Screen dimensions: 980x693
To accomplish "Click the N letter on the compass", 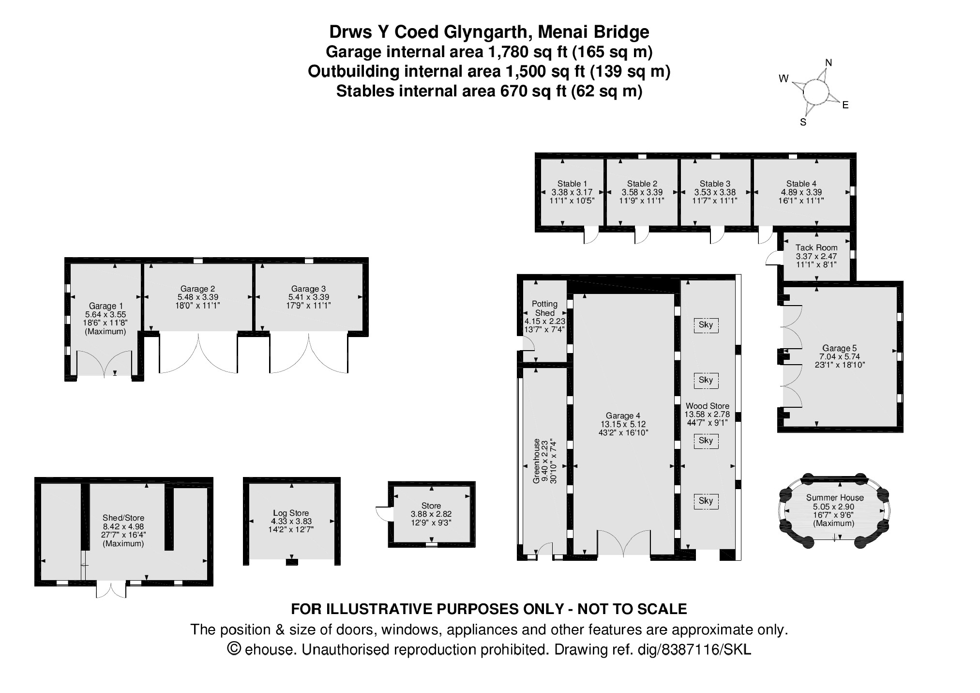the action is click(829, 62).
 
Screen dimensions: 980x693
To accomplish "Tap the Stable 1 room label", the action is click(572, 184).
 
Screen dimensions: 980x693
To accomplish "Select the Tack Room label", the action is click(816, 247).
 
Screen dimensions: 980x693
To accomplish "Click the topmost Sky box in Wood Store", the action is click(706, 325).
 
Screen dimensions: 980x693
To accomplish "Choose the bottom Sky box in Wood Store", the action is click(706, 501).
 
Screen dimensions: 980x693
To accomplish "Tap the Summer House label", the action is click(835, 497).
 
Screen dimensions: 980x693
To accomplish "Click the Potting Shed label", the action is click(545, 308).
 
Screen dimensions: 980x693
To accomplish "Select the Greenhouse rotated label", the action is click(536, 461).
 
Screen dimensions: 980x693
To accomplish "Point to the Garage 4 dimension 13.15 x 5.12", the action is click(620, 424).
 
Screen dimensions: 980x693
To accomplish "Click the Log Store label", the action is click(291, 513).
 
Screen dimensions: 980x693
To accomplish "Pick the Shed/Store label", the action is click(123, 518).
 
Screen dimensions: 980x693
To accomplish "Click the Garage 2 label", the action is click(198, 289).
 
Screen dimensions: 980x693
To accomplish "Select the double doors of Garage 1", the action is click(105, 363).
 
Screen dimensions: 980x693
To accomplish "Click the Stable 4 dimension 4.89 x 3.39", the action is click(801, 192).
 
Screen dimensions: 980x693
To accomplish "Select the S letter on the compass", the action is click(803, 122).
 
